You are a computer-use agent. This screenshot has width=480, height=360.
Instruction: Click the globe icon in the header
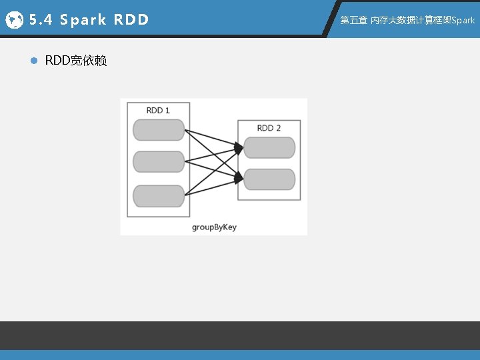(13, 20)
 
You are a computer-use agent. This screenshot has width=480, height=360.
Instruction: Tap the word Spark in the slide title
(83, 20)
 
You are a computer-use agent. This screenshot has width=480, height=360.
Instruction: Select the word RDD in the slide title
(131, 20)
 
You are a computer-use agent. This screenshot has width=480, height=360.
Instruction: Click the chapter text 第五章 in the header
(353, 20)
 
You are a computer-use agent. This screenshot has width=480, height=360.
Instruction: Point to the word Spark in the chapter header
(463, 20)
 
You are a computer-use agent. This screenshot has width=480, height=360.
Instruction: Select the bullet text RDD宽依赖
(75, 61)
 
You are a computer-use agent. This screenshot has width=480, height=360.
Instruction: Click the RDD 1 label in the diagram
(158, 110)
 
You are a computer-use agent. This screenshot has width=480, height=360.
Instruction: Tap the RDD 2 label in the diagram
(269, 127)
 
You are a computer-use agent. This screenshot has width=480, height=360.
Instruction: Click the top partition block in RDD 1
(159, 130)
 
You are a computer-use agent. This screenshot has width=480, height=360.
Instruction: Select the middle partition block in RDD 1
(159, 161)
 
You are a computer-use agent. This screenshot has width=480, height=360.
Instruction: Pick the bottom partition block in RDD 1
(159, 196)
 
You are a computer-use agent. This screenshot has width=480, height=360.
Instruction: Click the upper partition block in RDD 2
(269, 147)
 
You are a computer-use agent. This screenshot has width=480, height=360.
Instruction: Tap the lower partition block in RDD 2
(269, 179)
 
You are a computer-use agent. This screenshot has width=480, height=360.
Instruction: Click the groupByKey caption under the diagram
(214, 227)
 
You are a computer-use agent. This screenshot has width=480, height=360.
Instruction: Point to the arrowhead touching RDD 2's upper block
(239, 147)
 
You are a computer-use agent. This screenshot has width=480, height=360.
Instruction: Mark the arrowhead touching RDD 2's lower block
(239, 177)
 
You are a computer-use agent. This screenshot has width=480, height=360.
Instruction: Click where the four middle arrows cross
(213, 162)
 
